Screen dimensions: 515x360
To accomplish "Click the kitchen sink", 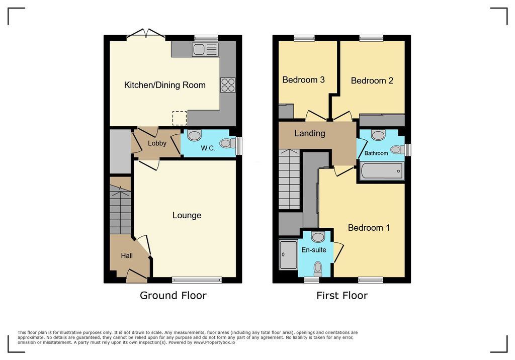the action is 206,50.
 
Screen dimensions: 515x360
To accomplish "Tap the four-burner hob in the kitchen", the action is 228,85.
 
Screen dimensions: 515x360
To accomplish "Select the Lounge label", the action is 187,216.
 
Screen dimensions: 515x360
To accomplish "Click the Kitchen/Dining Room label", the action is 165,85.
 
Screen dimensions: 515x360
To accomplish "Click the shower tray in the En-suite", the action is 288,254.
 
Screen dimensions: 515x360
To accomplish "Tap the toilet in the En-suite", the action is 318,268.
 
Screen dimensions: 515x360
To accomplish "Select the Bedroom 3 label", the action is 303,80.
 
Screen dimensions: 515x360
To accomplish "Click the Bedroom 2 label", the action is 372,81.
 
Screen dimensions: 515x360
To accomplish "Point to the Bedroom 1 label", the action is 369,228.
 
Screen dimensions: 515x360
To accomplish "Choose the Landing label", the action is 310,133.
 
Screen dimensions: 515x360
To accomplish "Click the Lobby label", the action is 157,143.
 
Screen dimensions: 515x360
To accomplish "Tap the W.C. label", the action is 208,148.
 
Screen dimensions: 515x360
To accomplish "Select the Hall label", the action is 127,255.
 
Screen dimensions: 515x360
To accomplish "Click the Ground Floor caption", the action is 173,295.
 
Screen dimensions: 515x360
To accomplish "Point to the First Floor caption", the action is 342,295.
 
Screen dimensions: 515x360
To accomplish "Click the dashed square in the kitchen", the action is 180,118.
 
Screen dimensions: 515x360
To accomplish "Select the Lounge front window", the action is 197,280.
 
